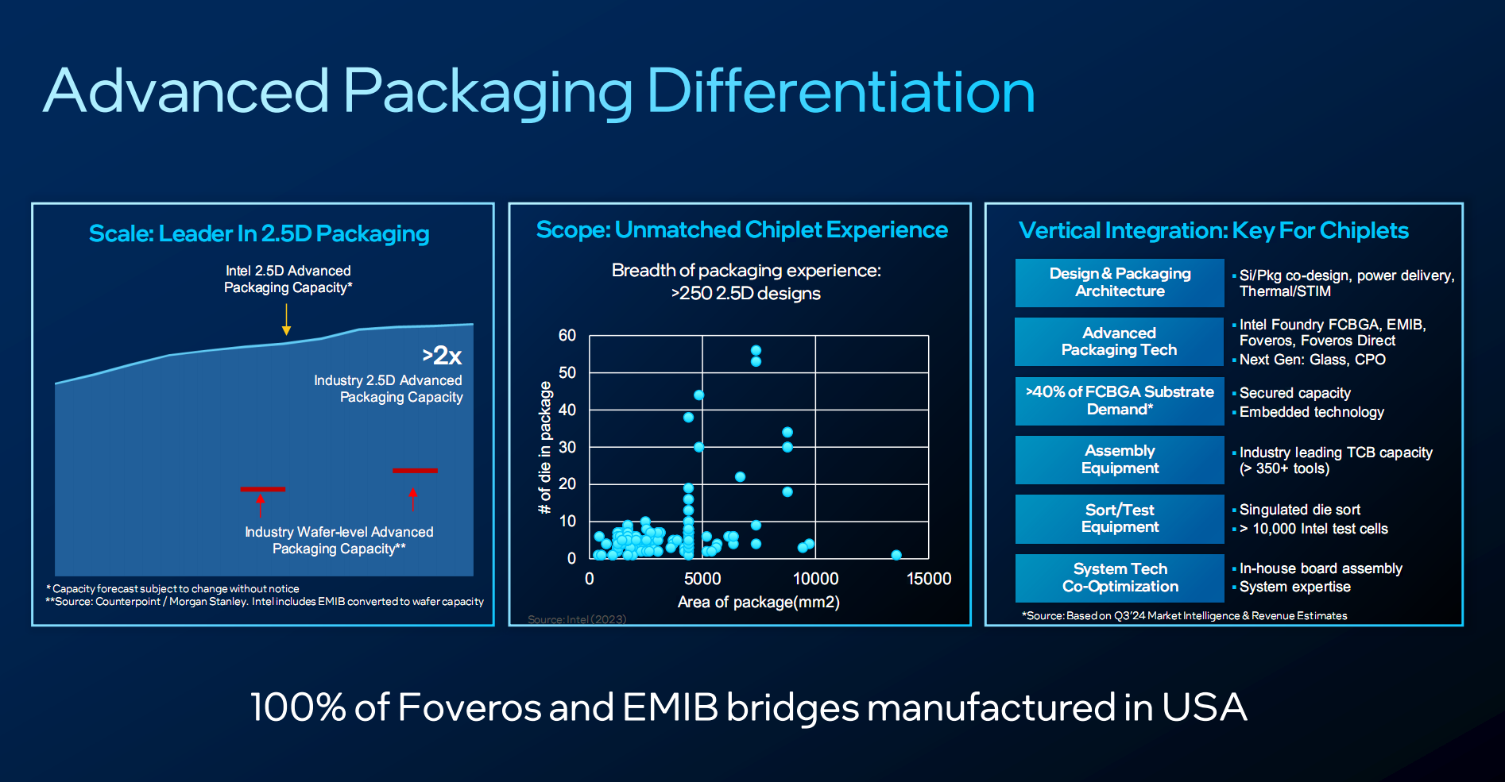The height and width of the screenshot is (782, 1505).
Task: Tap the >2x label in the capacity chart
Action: click(442, 355)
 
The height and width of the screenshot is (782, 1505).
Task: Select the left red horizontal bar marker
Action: click(263, 489)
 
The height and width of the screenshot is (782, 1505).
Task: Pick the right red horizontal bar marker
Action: click(415, 471)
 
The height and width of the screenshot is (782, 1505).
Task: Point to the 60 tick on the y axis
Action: click(567, 335)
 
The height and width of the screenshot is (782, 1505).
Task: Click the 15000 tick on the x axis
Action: click(928, 579)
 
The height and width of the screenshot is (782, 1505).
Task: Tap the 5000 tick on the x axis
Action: click(702, 579)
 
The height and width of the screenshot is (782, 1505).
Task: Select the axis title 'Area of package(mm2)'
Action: click(758, 602)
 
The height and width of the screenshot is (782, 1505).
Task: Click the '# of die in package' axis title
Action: click(545, 447)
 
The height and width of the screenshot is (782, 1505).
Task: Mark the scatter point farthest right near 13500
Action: click(896, 555)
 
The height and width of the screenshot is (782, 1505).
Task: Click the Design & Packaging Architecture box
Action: click(1120, 283)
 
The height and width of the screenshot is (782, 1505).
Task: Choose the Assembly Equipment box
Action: click(1120, 460)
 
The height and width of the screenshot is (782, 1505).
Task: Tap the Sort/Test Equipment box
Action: click(1120, 518)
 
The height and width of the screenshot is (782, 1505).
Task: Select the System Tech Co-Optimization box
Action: click(1120, 578)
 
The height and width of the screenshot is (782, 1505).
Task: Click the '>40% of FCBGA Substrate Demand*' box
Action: click(1120, 401)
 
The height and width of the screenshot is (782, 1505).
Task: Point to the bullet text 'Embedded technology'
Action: click(1311, 412)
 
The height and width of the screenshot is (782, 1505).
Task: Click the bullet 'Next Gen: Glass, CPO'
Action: click(1312, 360)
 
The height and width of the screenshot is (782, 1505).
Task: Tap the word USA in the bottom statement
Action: click(1204, 707)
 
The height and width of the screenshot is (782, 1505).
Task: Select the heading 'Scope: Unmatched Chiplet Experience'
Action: click(741, 230)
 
